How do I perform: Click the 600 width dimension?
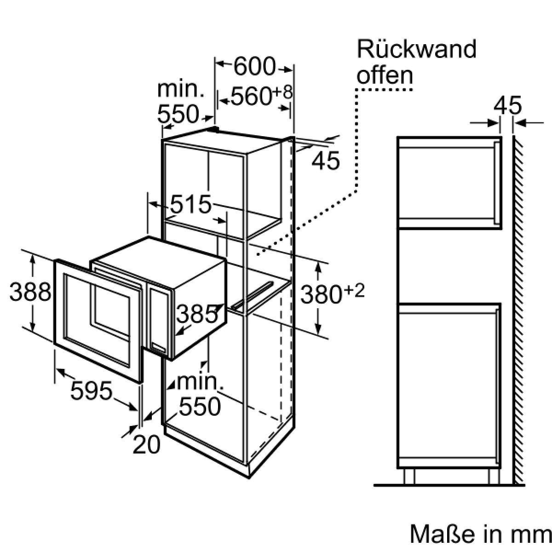(x=254, y=67)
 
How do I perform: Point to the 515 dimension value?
(x=191, y=205)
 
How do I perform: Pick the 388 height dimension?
(x=30, y=292)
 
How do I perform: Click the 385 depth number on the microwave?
(x=197, y=314)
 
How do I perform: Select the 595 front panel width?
(x=92, y=391)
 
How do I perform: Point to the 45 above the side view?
(x=507, y=106)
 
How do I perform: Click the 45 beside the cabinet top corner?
(x=325, y=161)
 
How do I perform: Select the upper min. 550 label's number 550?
(x=178, y=114)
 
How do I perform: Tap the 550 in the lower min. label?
(x=200, y=406)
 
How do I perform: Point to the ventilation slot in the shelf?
(x=252, y=295)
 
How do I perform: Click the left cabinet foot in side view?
(x=409, y=477)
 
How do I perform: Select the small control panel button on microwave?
(x=158, y=348)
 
